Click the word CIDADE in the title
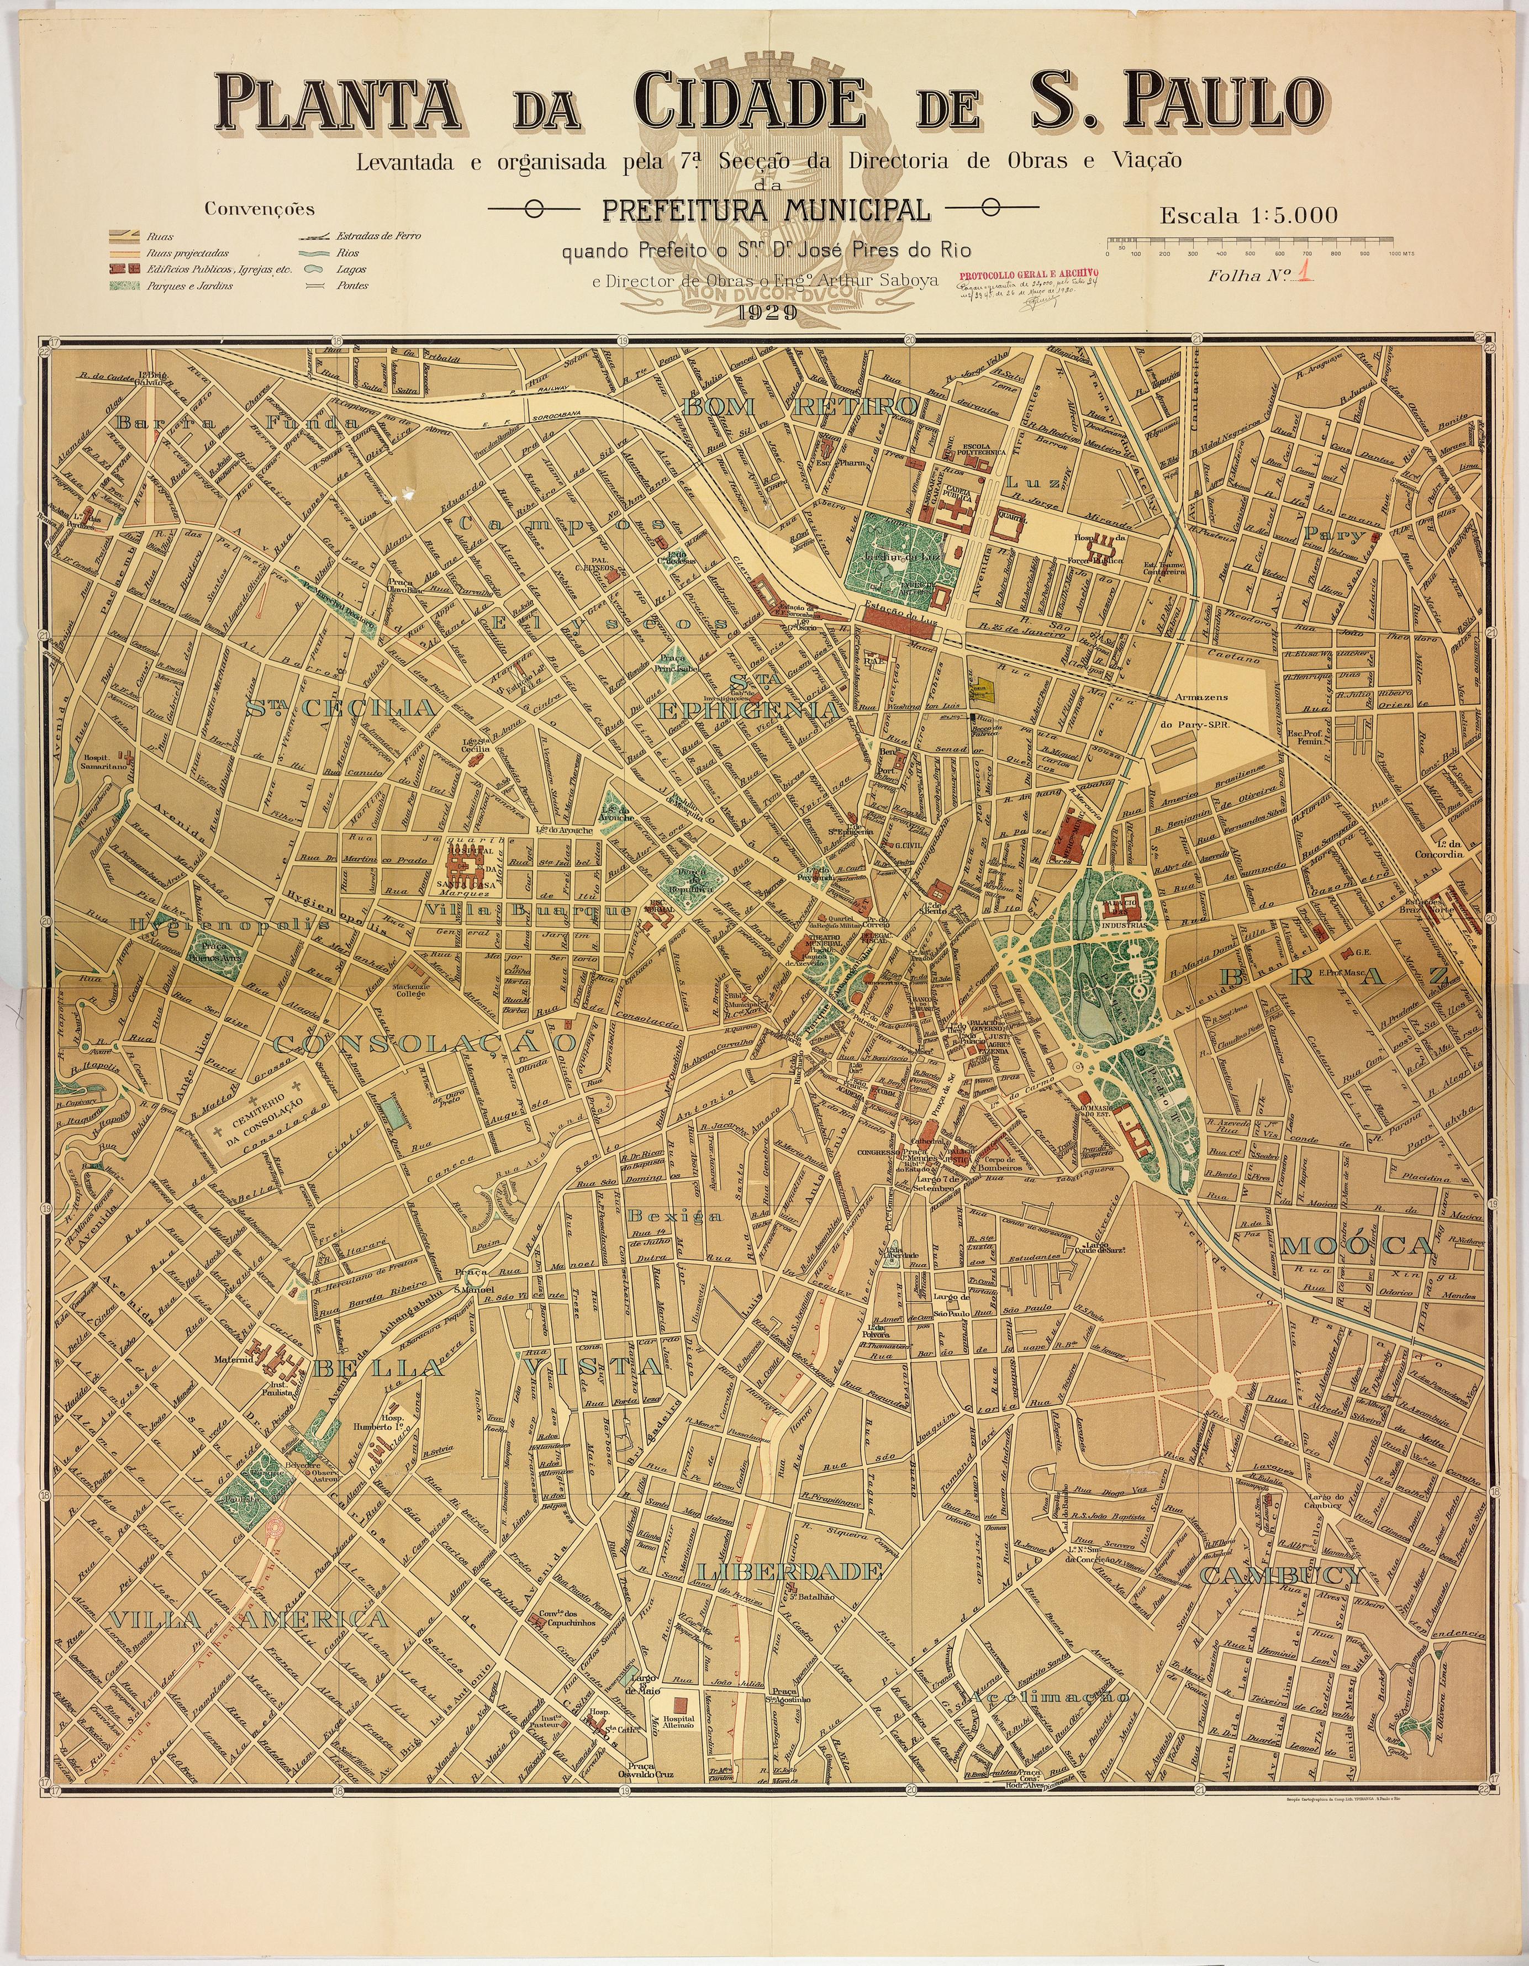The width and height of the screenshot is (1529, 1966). coord(746,101)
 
